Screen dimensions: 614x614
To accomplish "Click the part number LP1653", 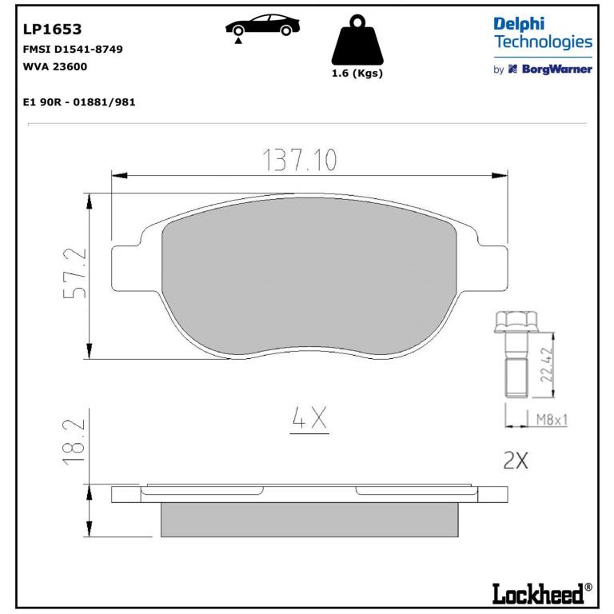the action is (53, 30).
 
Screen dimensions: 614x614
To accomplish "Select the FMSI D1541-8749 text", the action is (73, 50).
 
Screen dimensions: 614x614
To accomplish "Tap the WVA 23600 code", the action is (55, 66).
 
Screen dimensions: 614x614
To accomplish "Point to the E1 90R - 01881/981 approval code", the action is (79, 102).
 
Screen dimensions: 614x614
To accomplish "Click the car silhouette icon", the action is (262, 25).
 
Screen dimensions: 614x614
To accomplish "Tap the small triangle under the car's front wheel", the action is (238, 40).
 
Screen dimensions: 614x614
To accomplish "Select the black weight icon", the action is (357, 40).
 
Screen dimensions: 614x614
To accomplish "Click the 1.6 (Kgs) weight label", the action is (357, 74).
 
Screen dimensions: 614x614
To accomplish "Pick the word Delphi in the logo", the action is (519, 25).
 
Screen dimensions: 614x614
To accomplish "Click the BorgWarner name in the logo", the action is (556, 70).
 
